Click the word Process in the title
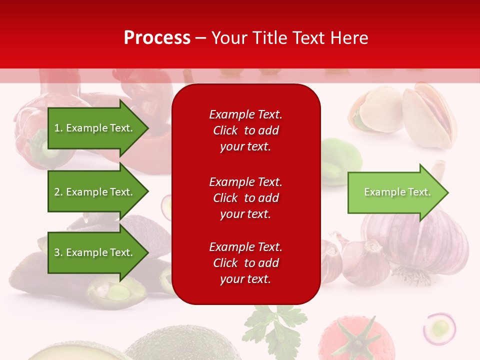tap(157, 38)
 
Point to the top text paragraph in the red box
tap(245, 130)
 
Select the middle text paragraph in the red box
tap(245, 198)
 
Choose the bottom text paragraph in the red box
tap(245, 263)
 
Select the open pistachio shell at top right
tap(430, 112)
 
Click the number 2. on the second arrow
tap(58, 192)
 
